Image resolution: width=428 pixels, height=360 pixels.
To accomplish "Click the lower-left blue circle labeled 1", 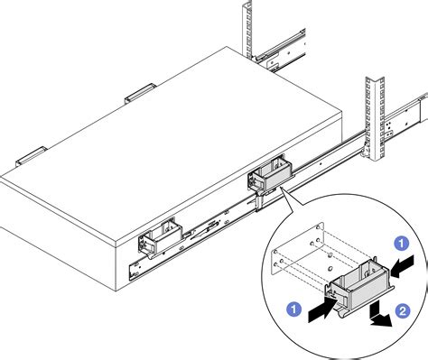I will click(x=294, y=308).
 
